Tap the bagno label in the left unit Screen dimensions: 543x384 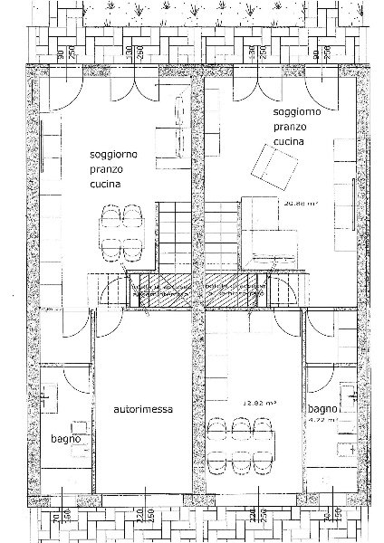(x=66, y=439)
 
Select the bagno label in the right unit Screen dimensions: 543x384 (x=321, y=408)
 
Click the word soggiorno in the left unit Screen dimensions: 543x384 (x=113, y=153)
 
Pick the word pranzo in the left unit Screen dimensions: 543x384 (x=108, y=168)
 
